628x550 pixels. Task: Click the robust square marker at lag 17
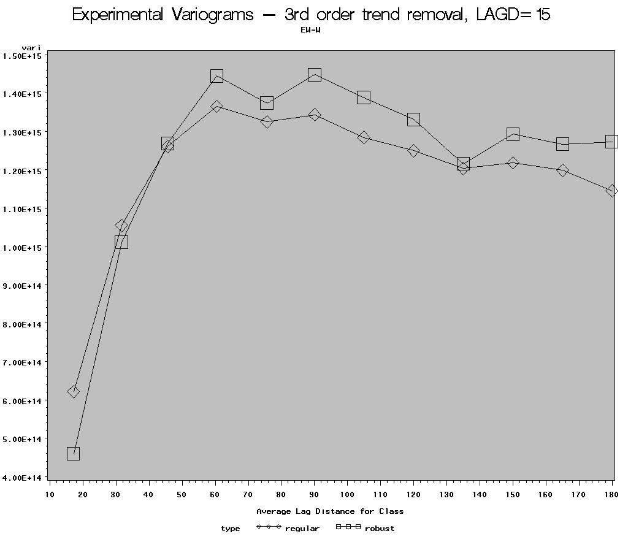pos(73,454)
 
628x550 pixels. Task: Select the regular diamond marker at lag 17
pos(73,392)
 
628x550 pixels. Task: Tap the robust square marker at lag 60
pos(216,76)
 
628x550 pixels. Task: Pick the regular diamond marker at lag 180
pos(611,191)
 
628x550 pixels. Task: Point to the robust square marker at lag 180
pos(611,142)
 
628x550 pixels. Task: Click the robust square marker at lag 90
pos(315,75)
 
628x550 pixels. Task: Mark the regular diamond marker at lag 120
pos(413,151)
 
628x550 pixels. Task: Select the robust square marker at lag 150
pos(513,134)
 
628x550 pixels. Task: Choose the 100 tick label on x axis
pos(347,494)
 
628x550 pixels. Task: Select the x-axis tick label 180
pos(611,494)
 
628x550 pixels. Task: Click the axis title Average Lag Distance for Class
pos(330,511)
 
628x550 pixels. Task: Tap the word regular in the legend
pos(302,529)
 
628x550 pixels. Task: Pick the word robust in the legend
pos(380,529)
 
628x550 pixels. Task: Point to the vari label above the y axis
pos(31,48)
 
